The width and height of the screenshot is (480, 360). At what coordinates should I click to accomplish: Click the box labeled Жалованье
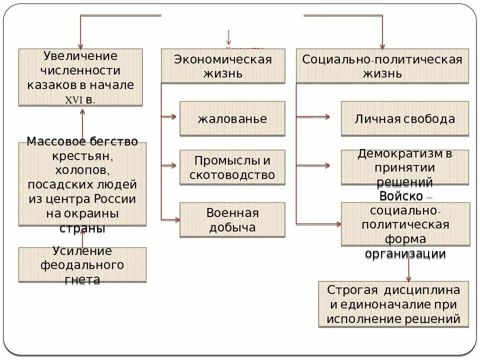coord(232,119)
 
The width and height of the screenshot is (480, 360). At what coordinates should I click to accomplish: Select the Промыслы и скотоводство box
coord(232,167)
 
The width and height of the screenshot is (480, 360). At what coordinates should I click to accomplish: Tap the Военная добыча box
coord(232,220)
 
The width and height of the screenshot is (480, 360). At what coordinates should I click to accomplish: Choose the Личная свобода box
coord(405,119)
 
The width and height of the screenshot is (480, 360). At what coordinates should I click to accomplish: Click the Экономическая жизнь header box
coord(223,66)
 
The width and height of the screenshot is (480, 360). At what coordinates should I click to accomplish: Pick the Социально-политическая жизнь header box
coord(382,66)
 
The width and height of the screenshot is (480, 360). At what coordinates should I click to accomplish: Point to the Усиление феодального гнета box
coord(82,265)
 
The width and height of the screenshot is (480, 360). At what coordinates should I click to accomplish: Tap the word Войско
coord(401,195)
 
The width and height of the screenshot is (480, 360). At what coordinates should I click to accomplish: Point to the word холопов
coord(82,170)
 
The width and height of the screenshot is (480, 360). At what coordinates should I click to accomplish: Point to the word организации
coord(405,253)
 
